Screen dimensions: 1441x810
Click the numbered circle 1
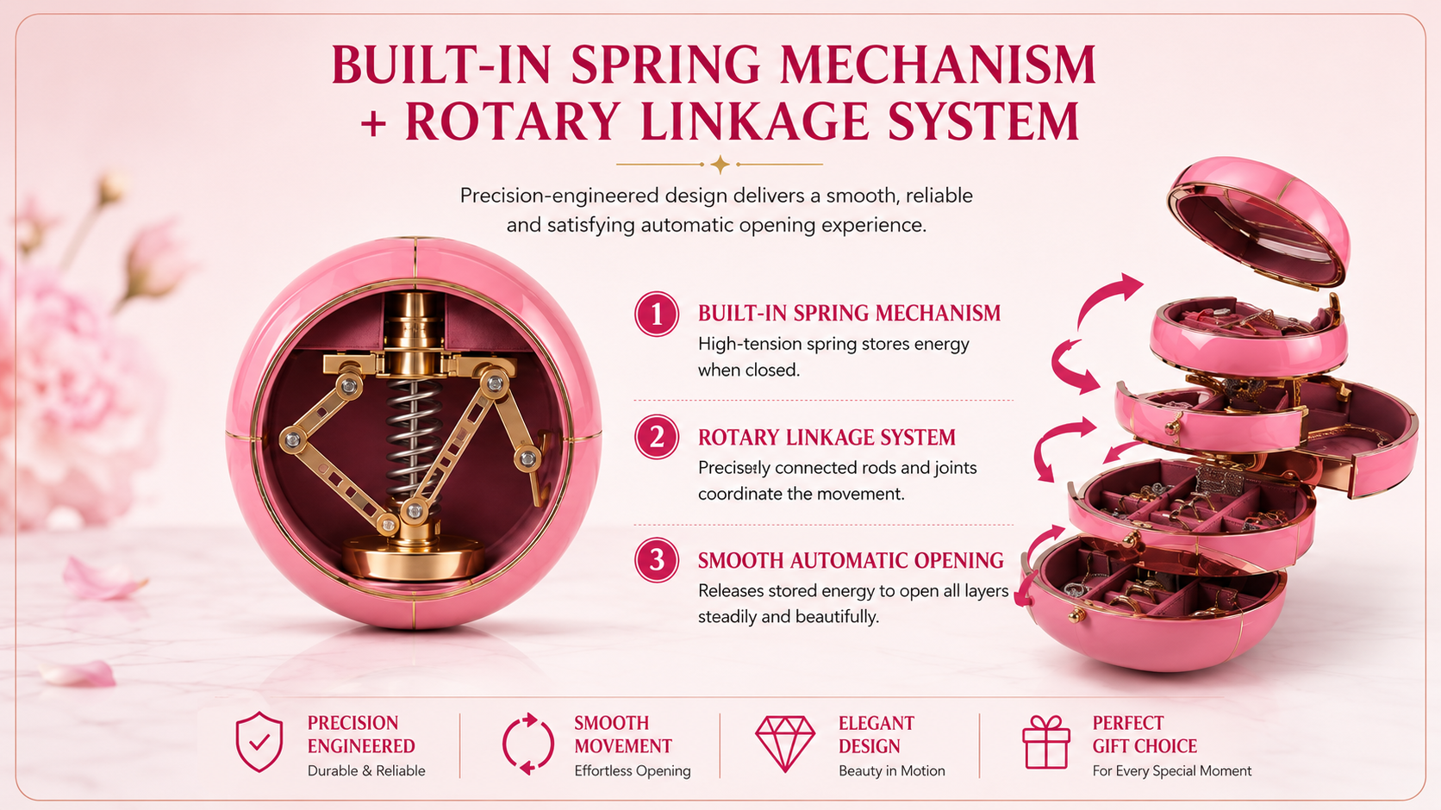(x=656, y=315)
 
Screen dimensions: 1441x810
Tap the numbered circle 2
(x=656, y=438)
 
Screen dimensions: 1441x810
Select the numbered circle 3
(x=656, y=560)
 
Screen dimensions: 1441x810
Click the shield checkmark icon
(x=259, y=742)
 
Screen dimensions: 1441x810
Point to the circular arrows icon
(x=528, y=744)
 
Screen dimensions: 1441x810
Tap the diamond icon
(x=785, y=744)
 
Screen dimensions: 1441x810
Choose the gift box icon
(x=1046, y=742)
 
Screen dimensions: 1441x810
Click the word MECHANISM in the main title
(x=938, y=65)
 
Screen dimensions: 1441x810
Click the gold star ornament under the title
(x=720, y=165)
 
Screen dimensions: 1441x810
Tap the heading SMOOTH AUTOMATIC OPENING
(x=851, y=561)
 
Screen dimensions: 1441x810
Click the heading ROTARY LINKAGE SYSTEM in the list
(x=827, y=438)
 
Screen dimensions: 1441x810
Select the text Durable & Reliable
(x=366, y=770)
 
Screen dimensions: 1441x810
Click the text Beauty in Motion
(x=892, y=770)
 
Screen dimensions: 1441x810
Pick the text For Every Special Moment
(x=1171, y=770)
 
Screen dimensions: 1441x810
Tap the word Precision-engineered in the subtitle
(x=559, y=196)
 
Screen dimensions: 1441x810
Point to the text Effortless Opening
(x=633, y=771)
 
